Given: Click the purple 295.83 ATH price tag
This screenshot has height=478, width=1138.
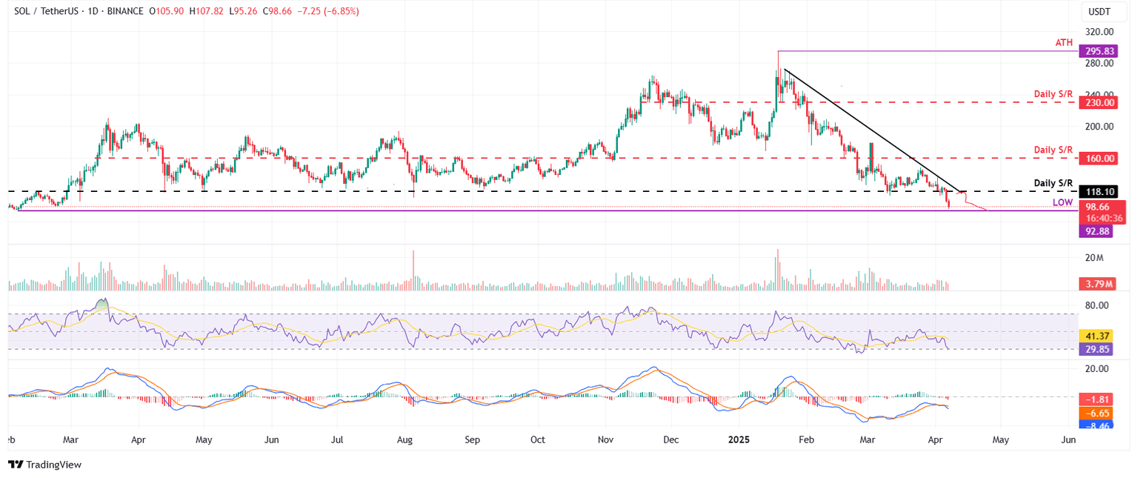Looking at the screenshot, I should pyautogui.click(x=1097, y=51).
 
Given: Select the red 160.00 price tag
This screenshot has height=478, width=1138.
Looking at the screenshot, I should pyautogui.click(x=1097, y=158).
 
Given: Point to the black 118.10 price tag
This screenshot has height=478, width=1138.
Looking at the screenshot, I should pyautogui.click(x=1097, y=191).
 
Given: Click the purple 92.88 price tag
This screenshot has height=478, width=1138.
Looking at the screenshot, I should pyautogui.click(x=1097, y=231).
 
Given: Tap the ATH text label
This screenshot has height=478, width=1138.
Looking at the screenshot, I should pyautogui.click(x=1064, y=44).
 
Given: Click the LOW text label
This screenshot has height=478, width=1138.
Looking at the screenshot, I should pyautogui.click(x=1062, y=203).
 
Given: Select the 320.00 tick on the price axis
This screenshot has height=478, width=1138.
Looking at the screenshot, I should pyautogui.click(x=1099, y=32).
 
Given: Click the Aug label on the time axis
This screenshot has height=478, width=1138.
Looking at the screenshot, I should pyautogui.click(x=405, y=439).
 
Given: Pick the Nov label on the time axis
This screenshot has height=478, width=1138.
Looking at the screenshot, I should pyautogui.click(x=605, y=439).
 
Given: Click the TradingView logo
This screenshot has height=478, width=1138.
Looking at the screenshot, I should pyautogui.click(x=45, y=465).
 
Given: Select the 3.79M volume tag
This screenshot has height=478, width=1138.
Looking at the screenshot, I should pyautogui.click(x=1097, y=284).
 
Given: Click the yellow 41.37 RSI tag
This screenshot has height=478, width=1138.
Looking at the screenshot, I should pyautogui.click(x=1097, y=336).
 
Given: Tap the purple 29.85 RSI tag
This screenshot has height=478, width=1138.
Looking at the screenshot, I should pyautogui.click(x=1097, y=348).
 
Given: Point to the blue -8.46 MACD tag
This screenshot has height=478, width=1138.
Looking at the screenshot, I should pyautogui.click(x=1097, y=427).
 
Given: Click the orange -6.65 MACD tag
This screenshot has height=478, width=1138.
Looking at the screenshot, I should pyautogui.click(x=1097, y=413).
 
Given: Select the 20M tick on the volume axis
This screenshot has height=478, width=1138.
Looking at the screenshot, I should pyautogui.click(x=1096, y=258).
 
